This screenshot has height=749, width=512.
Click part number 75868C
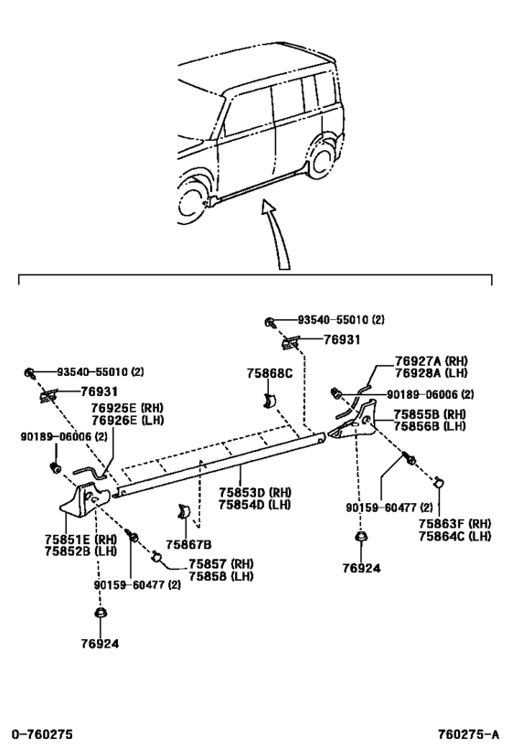click(269, 373)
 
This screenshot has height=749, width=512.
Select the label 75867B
click(188, 544)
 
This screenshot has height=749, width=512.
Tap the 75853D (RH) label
click(255, 492)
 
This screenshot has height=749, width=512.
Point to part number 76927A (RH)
click(432, 361)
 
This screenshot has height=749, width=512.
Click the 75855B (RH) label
click(430, 413)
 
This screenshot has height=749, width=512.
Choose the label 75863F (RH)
click(454, 523)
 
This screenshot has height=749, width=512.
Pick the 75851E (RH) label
click(80, 540)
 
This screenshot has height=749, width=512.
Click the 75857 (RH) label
click(220, 563)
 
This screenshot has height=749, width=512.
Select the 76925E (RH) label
click(127, 408)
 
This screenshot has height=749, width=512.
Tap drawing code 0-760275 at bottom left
click(42, 733)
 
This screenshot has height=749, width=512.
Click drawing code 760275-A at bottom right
click(469, 733)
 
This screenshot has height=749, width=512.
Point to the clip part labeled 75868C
click(270, 401)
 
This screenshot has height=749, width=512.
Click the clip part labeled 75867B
click(184, 511)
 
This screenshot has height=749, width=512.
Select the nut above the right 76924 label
click(360, 537)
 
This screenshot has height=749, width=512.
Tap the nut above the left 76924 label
click(100, 613)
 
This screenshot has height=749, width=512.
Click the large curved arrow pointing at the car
click(279, 233)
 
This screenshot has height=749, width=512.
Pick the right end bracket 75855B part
click(356, 422)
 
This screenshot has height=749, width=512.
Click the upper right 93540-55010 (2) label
click(340, 319)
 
